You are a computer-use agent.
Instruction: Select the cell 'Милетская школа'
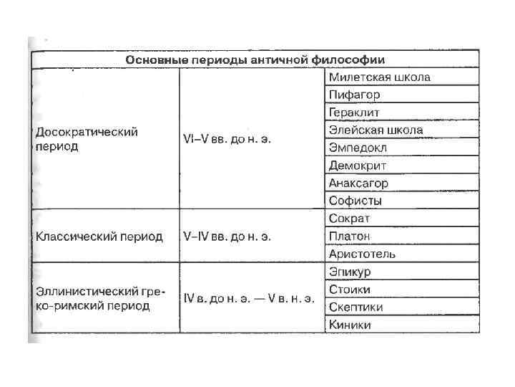click(x=379, y=77)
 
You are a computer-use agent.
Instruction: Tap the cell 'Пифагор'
click(x=354, y=95)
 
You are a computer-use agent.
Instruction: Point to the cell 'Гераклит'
click(x=354, y=113)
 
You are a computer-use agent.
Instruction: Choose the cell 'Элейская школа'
click(x=376, y=130)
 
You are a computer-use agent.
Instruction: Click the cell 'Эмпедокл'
click(x=357, y=148)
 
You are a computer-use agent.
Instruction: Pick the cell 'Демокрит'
click(x=358, y=166)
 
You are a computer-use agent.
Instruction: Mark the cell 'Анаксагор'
click(x=358, y=183)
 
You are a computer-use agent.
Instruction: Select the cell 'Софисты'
click(x=355, y=201)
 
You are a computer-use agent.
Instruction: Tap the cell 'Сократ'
click(x=350, y=219)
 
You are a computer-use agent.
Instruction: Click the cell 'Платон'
click(x=350, y=236)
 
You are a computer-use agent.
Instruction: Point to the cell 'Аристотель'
click(x=362, y=254)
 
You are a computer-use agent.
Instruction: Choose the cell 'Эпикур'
click(x=350, y=272)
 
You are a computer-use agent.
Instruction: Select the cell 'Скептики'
click(x=356, y=307)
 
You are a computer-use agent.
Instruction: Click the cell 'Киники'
click(x=350, y=325)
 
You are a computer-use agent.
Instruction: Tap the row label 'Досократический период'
click(x=87, y=139)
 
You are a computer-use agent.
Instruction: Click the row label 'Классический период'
click(x=99, y=236)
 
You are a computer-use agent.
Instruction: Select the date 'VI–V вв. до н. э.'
click(x=227, y=139)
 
